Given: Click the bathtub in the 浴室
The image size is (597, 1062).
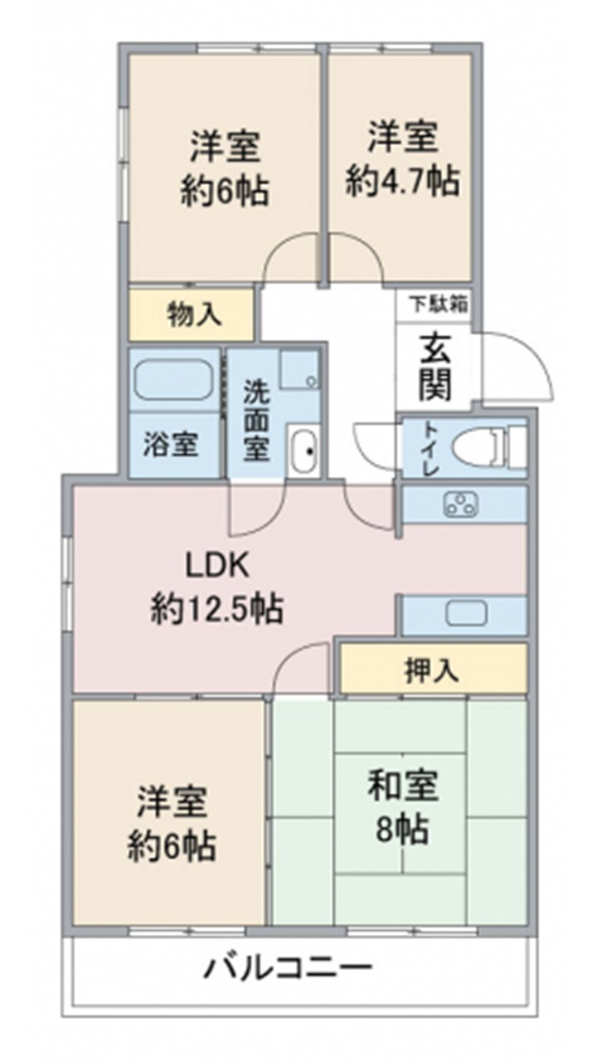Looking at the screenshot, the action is tap(173, 380).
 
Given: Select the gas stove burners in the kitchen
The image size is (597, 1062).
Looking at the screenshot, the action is tap(460, 504).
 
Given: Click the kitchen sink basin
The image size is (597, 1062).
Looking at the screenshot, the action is tap(466, 613).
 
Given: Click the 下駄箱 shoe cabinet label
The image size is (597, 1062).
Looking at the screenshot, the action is tap(439, 304).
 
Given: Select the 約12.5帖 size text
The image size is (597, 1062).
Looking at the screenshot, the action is tap(217, 608).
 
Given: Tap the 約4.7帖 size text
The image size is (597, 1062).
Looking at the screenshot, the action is tap(402, 182).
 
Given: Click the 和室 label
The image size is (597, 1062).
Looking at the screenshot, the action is tap(403, 786).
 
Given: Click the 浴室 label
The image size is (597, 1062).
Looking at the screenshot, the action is tap(171, 444).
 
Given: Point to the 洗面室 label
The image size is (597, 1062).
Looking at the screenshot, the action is tap(257, 420).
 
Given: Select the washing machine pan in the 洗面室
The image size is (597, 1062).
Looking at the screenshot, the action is tap(299, 370).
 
